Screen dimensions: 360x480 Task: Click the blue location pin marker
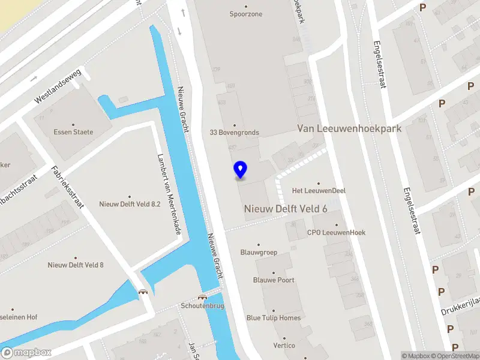[x=240, y=170]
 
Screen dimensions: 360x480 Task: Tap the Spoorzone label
[x=246, y=14]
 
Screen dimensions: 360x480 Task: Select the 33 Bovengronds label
[x=234, y=133]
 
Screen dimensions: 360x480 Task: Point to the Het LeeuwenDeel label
[x=319, y=191]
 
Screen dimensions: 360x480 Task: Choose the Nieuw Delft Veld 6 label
[x=285, y=208]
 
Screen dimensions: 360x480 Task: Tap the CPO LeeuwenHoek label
[x=336, y=233]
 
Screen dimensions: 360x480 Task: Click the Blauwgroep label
[x=259, y=253]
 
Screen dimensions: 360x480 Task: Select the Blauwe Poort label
[x=274, y=280]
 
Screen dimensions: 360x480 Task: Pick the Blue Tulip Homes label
[x=274, y=318]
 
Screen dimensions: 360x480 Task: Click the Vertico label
[x=284, y=346]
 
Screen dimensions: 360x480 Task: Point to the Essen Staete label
[x=73, y=132]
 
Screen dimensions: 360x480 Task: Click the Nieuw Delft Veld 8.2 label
[x=130, y=204]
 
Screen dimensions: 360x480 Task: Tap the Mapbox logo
[x=26, y=353]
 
